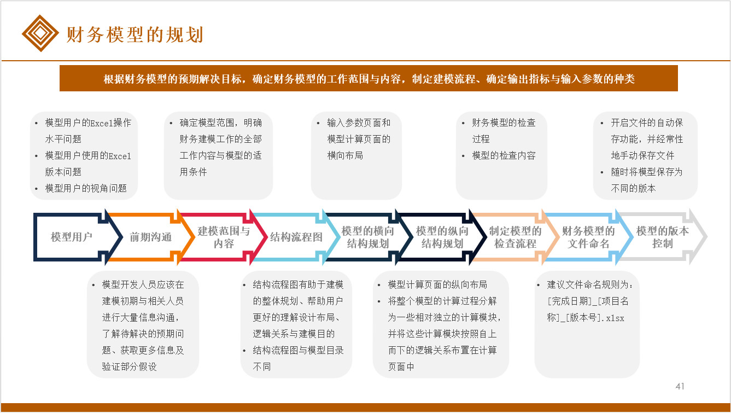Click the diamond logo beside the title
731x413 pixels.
pyautogui.click(x=40, y=33)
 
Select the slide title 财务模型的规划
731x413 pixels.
pyautogui.click(x=135, y=34)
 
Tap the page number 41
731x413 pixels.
pyautogui.click(x=680, y=386)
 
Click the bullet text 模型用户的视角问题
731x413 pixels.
pyautogui.click(x=86, y=188)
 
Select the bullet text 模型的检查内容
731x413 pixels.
pyautogui.click(x=504, y=155)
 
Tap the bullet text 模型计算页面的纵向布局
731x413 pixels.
pyautogui.click(x=437, y=284)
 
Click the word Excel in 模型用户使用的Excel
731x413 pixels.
pyautogui.click(x=120, y=156)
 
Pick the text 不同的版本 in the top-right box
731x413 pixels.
pyautogui.click(x=633, y=188)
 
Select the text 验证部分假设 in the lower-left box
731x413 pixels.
pyautogui.click(x=129, y=367)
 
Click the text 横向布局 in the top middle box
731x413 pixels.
pyautogui.click(x=345, y=155)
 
